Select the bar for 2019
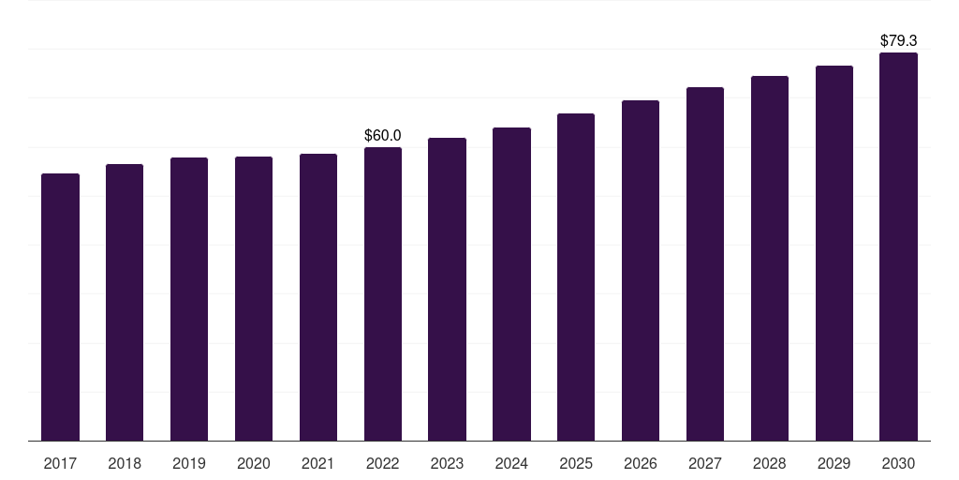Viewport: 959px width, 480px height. click(x=189, y=299)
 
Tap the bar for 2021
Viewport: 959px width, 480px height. click(x=318, y=297)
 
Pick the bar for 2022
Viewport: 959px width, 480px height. click(x=383, y=293)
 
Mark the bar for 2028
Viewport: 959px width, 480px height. click(x=770, y=258)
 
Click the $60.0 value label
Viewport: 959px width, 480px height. click(x=383, y=136)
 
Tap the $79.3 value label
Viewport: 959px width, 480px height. click(x=899, y=41)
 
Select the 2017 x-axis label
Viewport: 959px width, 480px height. click(x=60, y=463)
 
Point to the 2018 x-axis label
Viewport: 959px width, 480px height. click(x=125, y=463)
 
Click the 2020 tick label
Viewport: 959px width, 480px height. click(x=254, y=463)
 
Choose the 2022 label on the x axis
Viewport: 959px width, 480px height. click(x=383, y=463)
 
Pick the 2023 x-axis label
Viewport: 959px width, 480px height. click(x=447, y=463)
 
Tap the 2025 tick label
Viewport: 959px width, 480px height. click(x=576, y=463)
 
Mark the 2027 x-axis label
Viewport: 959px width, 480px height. click(x=705, y=463)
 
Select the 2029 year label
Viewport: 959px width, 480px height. click(x=834, y=463)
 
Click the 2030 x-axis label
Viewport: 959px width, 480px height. click(x=899, y=463)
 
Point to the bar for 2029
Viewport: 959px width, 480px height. click(x=834, y=253)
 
